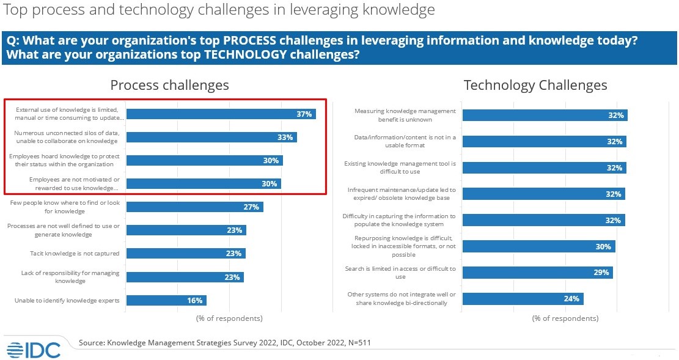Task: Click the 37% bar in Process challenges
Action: (x=220, y=114)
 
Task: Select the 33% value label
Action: (x=285, y=137)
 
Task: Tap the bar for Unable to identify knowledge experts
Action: (x=166, y=300)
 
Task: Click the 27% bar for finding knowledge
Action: (x=194, y=207)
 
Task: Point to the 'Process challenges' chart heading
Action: (x=169, y=85)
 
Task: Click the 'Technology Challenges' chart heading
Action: (x=535, y=85)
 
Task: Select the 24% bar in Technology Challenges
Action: (x=523, y=298)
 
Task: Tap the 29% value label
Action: (x=601, y=273)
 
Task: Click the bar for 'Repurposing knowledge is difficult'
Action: (x=538, y=246)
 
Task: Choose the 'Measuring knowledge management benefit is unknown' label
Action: (x=405, y=115)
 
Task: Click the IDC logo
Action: (x=34, y=349)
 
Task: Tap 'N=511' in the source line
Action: (x=356, y=343)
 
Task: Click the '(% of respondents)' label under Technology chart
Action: (x=565, y=318)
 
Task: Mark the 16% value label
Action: (x=195, y=300)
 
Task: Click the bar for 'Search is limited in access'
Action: (x=537, y=273)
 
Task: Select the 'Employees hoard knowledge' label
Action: (x=64, y=160)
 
